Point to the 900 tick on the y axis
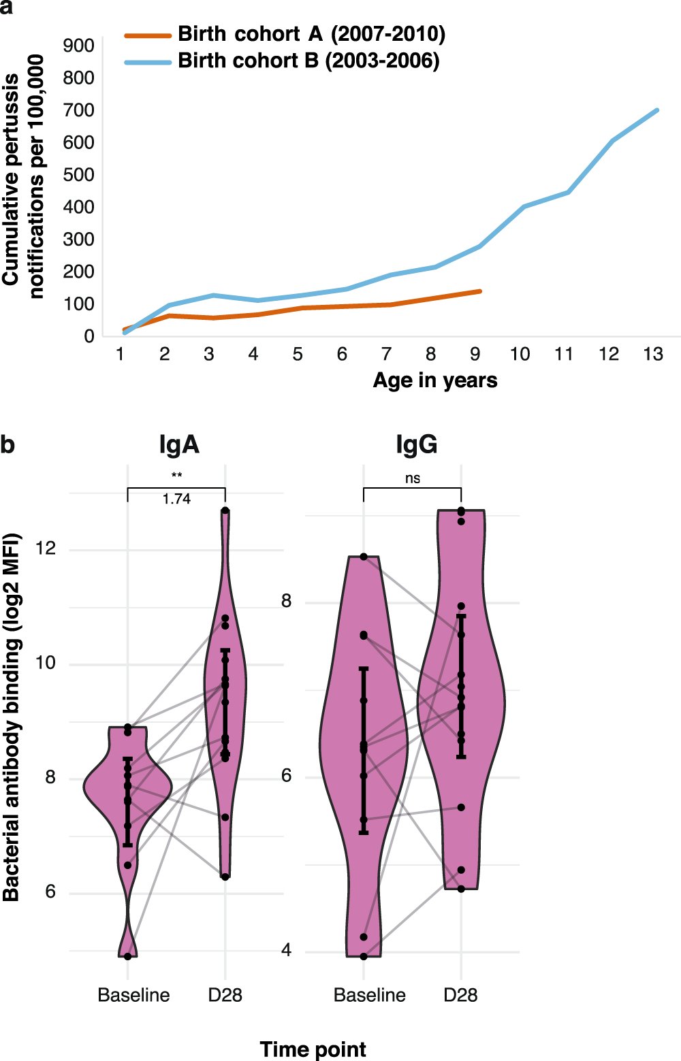[79, 46]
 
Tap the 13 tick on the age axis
[653, 354]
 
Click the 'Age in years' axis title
[434, 380]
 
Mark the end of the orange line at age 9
[480, 291]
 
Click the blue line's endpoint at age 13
[657, 110]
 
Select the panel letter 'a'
[6, 5]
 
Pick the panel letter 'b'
[7, 444]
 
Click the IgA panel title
[179, 444]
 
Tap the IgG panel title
[416, 444]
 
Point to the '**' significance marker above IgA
[176, 476]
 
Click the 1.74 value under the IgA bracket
[176, 499]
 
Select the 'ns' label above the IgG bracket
[413, 478]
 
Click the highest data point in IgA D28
[225, 510]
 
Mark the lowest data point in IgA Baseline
[127, 956]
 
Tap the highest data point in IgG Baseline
[364, 557]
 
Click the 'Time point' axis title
[313, 1049]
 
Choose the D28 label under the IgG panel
[460, 995]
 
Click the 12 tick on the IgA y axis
[46, 549]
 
